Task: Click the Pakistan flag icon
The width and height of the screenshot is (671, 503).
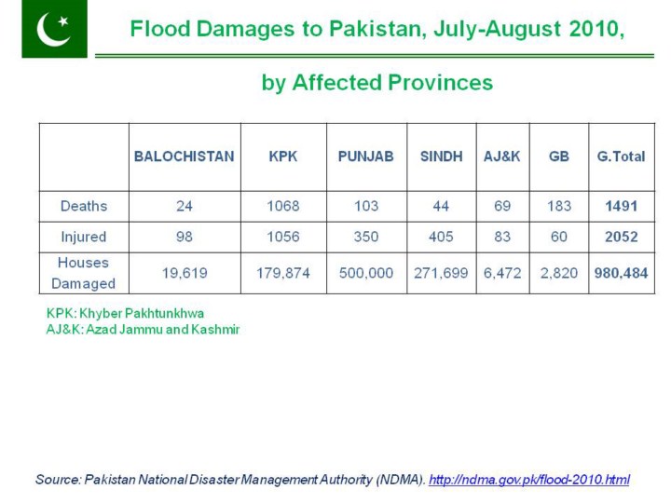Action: click(54, 29)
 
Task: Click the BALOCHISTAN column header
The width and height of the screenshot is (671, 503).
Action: click(184, 156)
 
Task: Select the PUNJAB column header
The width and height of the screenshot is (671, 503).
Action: click(365, 156)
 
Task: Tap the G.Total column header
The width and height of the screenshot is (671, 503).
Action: click(621, 156)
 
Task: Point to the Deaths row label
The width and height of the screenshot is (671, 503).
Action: click(84, 206)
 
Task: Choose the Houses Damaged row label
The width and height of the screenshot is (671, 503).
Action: click(84, 273)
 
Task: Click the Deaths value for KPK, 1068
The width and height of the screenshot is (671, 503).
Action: click(283, 206)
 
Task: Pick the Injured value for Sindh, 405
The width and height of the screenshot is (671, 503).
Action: click(441, 237)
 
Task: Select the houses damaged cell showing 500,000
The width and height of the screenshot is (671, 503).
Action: click(365, 274)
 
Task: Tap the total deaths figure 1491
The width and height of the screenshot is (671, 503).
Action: click(621, 206)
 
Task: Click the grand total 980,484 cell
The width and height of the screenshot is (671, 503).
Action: click(621, 274)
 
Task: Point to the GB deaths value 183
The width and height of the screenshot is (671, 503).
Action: click(559, 206)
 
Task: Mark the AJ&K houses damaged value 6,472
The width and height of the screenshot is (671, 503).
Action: click(502, 274)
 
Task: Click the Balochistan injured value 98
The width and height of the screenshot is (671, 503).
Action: click(184, 237)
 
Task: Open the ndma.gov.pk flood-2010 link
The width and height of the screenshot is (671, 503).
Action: click(528, 480)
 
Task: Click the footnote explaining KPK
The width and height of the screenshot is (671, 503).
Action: click(125, 313)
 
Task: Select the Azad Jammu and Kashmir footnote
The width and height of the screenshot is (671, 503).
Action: click(143, 330)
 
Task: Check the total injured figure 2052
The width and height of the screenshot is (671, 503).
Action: click(621, 237)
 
